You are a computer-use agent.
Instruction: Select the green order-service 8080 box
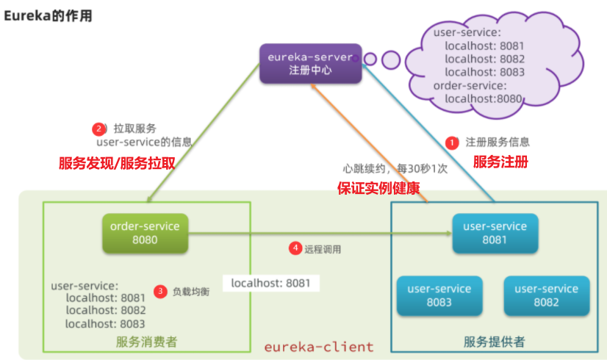[x=145, y=233]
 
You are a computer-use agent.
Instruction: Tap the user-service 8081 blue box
[x=495, y=233]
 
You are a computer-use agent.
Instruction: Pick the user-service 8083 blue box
[x=439, y=295]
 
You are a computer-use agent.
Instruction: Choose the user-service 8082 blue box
[x=546, y=295]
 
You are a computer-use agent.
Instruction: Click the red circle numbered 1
[x=452, y=142]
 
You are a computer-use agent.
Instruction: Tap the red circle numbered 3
[x=160, y=291]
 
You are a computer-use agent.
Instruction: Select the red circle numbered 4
[x=295, y=248]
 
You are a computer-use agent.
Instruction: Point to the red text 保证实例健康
[x=378, y=188]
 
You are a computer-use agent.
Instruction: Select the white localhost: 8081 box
[x=270, y=282]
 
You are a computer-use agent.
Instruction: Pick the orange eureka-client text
[x=319, y=346]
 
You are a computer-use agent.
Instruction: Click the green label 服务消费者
[x=146, y=342]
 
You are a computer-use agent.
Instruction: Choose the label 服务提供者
[x=494, y=342]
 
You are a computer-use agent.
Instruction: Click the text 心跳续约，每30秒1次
[x=395, y=168]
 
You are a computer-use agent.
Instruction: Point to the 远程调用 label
[x=323, y=249]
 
